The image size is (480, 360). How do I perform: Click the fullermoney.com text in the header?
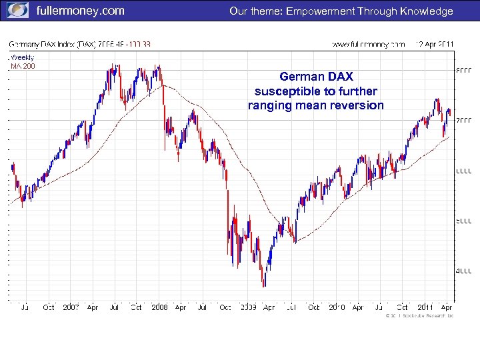click(x=80, y=11)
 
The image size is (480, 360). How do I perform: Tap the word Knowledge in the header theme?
click(x=423, y=11)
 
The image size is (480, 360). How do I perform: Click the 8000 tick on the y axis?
click(x=463, y=69)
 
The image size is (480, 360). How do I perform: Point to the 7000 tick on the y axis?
click(x=463, y=120)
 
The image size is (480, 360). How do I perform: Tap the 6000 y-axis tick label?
click(x=463, y=171)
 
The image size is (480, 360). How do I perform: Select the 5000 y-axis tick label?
click(x=463, y=221)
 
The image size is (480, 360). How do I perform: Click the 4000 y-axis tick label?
click(x=463, y=271)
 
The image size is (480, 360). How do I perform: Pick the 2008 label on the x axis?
click(x=159, y=307)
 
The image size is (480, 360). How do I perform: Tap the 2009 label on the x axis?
click(x=247, y=307)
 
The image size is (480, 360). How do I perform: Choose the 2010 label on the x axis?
click(x=335, y=307)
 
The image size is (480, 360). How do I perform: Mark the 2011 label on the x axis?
click(x=425, y=307)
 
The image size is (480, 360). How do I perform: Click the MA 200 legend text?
click(x=23, y=65)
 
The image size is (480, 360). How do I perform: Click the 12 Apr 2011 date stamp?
click(x=434, y=44)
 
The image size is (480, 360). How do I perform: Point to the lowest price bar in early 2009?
click(x=264, y=285)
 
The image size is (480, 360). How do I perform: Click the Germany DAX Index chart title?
click(x=80, y=44)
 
